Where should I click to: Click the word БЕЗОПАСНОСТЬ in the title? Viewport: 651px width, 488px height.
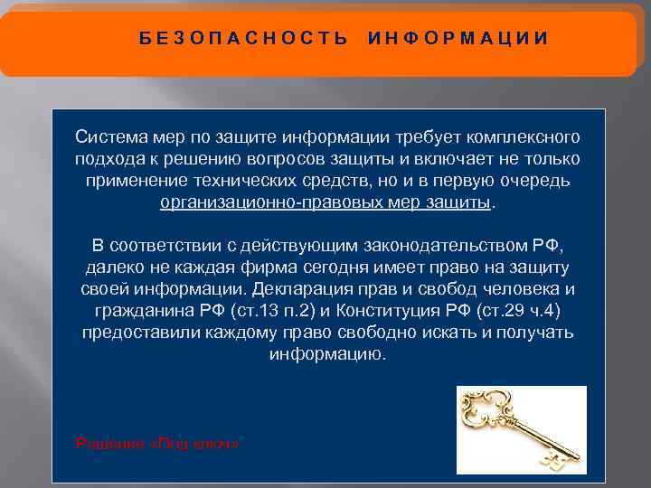(x=244, y=38)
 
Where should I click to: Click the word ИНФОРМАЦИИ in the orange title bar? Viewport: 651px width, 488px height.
(x=458, y=38)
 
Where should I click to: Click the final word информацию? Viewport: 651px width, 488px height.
(x=326, y=353)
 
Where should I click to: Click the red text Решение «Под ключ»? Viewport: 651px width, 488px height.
(x=159, y=443)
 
